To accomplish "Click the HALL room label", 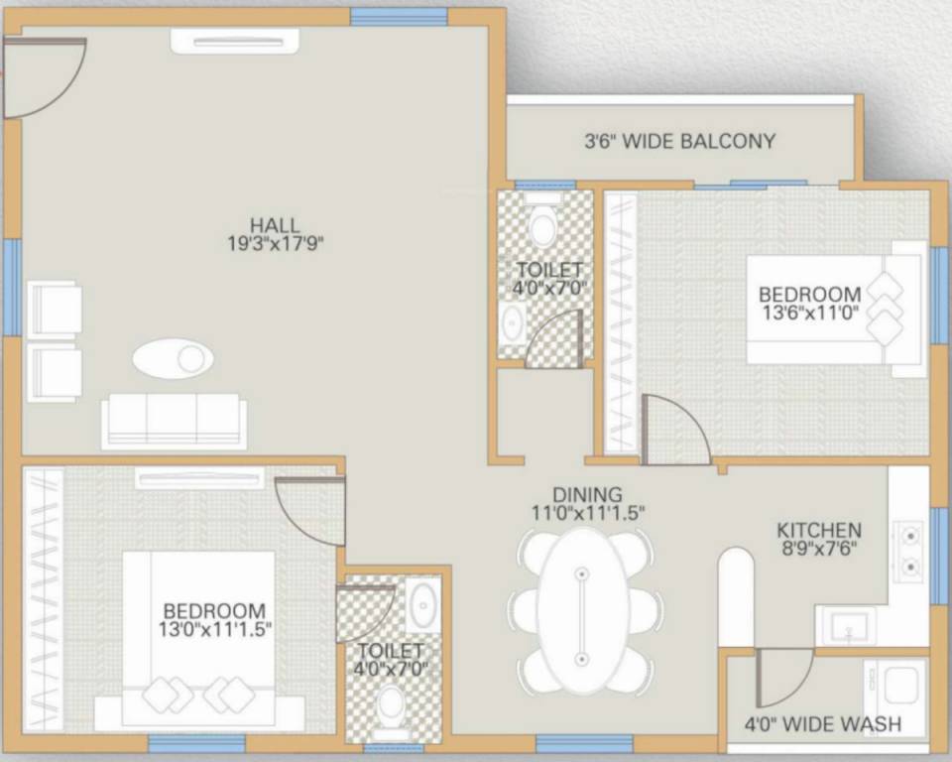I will (275, 225).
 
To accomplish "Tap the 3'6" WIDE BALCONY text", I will (679, 141).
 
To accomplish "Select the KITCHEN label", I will (818, 530).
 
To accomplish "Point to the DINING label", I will (587, 494).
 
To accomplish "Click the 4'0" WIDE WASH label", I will (823, 724).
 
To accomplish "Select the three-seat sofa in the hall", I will (173, 421).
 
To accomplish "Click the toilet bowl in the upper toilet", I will (541, 227).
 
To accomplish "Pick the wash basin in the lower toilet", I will (423, 601).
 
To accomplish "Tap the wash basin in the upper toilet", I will (513, 322).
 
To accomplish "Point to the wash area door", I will (783, 675).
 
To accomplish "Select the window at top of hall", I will (392, 17).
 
